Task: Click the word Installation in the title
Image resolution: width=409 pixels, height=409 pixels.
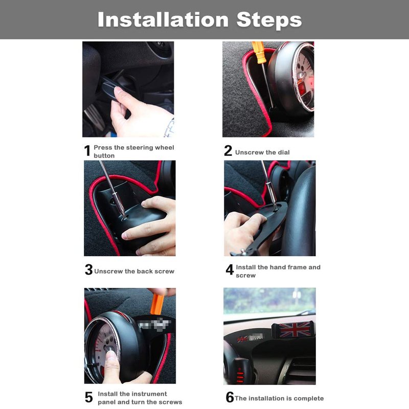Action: pyautogui.click(x=163, y=19)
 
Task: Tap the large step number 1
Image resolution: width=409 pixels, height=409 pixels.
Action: pyautogui.click(x=87, y=151)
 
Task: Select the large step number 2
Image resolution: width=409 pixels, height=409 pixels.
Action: pyautogui.click(x=228, y=151)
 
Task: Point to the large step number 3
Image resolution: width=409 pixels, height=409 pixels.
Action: pyautogui.click(x=88, y=269)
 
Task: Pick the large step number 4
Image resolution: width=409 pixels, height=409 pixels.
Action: pyautogui.click(x=230, y=269)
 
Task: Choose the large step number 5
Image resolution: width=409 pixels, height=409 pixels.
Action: pyautogui.click(x=88, y=397)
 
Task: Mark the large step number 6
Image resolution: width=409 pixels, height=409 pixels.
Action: pyautogui.click(x=230, y=397)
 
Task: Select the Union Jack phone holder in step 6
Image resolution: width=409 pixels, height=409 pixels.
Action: pyautogui.click(x=293, y=329)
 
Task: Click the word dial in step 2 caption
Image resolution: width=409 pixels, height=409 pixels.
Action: pyautogui.click(x=284, y=152)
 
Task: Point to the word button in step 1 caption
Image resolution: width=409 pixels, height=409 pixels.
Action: pyautogui.click(x=104, y=155)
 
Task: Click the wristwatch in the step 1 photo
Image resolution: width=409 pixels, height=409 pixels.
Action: pyautogui.click(x=170, y=128)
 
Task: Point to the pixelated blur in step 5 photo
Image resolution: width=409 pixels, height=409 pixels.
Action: pyautogui.click(x=154, y=325)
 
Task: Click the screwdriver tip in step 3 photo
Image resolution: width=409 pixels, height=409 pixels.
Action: pyautogui.click(x=124, y=217)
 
